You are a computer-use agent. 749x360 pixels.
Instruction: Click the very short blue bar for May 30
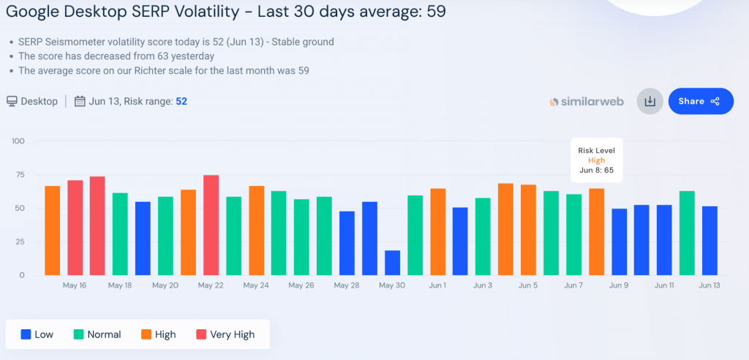(393, 263)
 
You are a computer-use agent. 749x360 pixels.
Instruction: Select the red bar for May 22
(211, 225)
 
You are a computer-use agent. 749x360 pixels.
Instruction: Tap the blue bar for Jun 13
(710, 241)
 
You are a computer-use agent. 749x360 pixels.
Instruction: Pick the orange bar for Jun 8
(596, 232)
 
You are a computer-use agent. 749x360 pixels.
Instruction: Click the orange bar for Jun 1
(438, 232)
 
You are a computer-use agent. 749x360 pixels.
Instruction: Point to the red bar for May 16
(75, 228)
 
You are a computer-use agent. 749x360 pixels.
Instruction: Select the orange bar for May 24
(256, 230)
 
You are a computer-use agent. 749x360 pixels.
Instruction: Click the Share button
(700, 102)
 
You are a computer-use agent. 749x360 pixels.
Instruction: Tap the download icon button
(650, 102)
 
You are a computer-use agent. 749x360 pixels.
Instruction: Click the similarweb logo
(587, 102)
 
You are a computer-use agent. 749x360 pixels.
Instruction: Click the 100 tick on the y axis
(18, 141)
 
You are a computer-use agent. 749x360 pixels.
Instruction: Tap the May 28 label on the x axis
(347, 285)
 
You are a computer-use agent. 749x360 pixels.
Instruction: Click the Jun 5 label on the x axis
(528, 285)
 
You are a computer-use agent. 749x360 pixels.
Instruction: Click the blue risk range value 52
(181, 101)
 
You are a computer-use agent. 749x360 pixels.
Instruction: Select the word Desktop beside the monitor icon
(39, 101)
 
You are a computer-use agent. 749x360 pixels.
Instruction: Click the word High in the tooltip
(597, 160)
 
